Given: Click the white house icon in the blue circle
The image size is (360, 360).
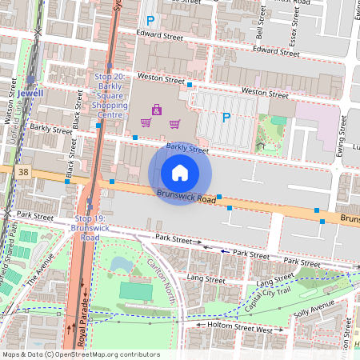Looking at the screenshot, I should pos(180,173).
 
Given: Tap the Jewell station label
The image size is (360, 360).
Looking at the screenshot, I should pos(30,93).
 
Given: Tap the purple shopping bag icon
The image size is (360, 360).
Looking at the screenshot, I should pos(157,109).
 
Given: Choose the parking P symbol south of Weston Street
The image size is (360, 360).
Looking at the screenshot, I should pos(226,118).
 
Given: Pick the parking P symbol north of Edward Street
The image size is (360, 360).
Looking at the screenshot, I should pos(149,20).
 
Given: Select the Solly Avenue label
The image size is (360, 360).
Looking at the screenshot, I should pos(329,308).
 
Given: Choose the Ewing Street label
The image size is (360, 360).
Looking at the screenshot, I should pos(342,132).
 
